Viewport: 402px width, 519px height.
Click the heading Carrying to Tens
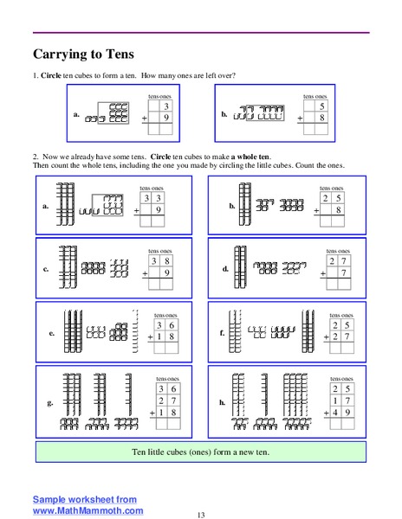(87, 54)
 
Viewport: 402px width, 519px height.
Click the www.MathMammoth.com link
(88, 510)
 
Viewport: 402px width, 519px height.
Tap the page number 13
(200, 515)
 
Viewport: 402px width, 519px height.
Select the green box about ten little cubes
(201, 452)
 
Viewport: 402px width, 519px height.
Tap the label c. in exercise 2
(45, 269)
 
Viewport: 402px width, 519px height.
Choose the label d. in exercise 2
(225, 269)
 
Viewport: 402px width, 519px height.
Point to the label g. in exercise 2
(52, 403)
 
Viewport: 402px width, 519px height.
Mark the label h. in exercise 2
(222, 403)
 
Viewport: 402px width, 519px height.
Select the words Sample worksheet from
(84, 500)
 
